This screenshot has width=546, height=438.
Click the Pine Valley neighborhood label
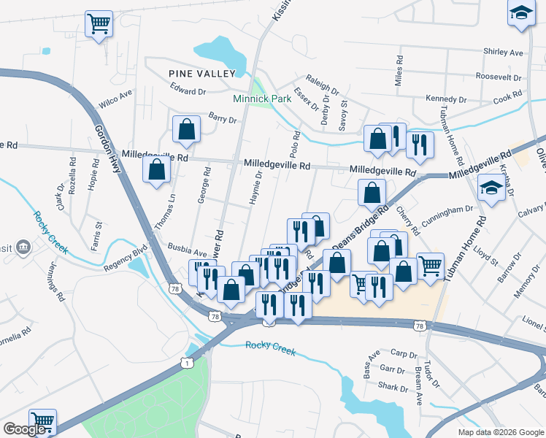(202, 74)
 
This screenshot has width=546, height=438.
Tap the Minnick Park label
(262, 99)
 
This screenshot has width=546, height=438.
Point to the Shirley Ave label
(504, 53)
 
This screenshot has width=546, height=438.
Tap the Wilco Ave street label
(115, 99)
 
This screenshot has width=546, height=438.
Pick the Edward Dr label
(188, 91)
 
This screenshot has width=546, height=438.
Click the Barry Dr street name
(223, 119)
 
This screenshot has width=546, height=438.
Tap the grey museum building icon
(24, 247)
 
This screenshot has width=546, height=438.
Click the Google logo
(24, 429)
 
